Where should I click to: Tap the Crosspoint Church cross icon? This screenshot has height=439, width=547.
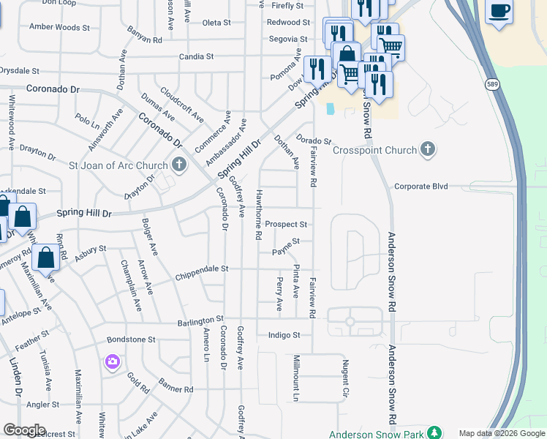[x=429, y=150]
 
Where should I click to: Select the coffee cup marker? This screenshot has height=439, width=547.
[x=499, y=12]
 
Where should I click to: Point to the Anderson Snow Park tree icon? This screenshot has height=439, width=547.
[x=434, y=432]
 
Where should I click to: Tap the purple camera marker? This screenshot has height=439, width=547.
[x=112, y=361]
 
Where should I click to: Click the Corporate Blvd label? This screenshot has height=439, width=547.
[x=420, y=187]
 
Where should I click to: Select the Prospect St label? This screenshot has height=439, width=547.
[x=286, y=224]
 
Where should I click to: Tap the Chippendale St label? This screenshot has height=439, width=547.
[x=202, y=269]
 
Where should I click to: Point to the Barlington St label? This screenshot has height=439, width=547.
[x=200, y=320]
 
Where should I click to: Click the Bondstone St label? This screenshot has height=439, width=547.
[x=131, y=339]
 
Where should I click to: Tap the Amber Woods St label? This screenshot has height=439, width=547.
[x=59, y=27]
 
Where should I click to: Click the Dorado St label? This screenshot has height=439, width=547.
[x=314, y=140]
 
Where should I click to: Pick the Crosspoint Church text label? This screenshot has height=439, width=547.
[x=374, y=150]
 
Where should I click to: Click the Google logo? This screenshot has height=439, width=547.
[x=24, y=430]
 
